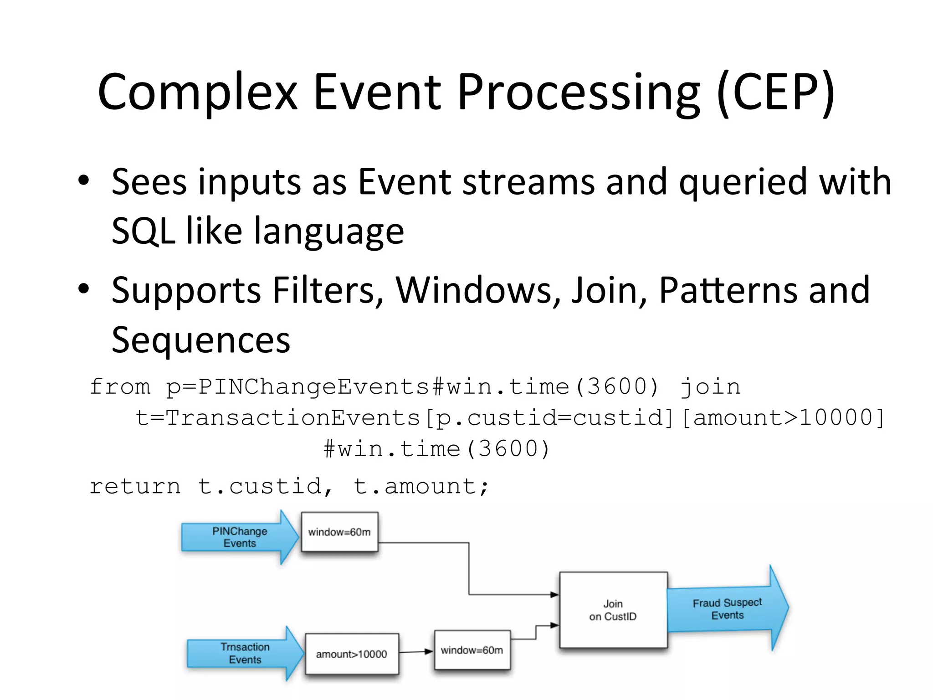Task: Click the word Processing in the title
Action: click(x=579, y=93)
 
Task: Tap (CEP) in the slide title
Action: click(x=776, y=93)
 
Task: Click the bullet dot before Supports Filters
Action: click(x=83, y=289)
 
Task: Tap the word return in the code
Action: click(x=135, y=486)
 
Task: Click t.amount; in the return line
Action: click(x=421, y=486)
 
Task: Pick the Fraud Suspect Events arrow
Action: click(x=727, y=609)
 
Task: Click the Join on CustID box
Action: click(x=613, y=610)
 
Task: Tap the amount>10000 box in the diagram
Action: click(x=351, y=654)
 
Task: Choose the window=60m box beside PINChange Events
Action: click(x=339, y=532)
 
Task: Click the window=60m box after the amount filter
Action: click(x=472, y=650)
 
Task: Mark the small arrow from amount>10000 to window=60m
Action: click(x=416, y=652)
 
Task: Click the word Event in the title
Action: click(x=377, y=93)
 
